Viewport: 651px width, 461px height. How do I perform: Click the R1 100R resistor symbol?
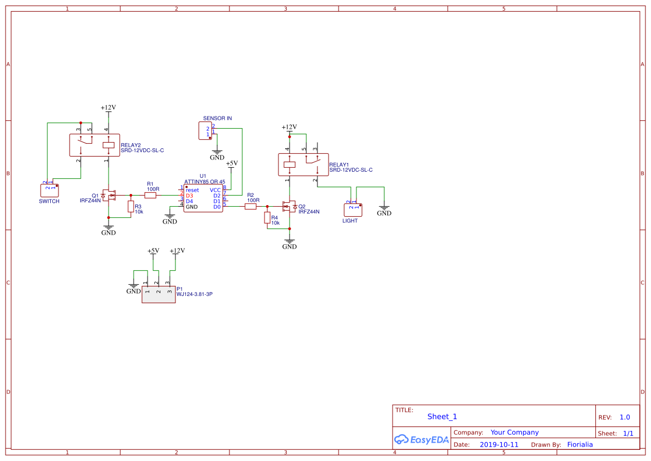pyautogui.click(x=150, y=195)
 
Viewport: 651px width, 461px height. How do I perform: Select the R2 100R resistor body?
pyautogui.click(x=251, y=206)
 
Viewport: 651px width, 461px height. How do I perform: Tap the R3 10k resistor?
pyautogui.click(x=131, y=207)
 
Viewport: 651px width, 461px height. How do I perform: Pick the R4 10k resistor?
pyautogui.click(x=267, y=218)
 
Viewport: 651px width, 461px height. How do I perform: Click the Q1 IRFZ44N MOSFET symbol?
pyautogui.click(x=109, y=195)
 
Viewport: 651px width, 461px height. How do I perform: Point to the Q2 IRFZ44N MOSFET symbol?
pyautogui.click(x=288, y=206)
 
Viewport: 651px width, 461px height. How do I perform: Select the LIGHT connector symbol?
pyautogui.click(x=353, y=210)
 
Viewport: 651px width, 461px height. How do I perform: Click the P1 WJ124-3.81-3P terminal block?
pyautogui.click(x=158, y=294)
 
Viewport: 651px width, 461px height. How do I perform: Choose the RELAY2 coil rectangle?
pyautogui.click(x=109, y=145)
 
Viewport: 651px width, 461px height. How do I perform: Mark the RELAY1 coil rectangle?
pyautogui.click(x=290, y=164)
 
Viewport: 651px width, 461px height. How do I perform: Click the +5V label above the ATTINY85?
pyautogui.click(x=232, y=163)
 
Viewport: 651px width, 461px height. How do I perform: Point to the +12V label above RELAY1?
pyautogui.click(x=289, y=127)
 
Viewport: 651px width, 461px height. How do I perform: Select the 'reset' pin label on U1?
pyautogui.click(x=192, y=190)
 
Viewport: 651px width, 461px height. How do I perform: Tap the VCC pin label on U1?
pyautogui.click(x=215, y=190)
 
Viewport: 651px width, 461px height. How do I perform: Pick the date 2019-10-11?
pyautogui.click(x=499, y=445)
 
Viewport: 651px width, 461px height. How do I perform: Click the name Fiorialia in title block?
pyautogui.click(x=580, y=445)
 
